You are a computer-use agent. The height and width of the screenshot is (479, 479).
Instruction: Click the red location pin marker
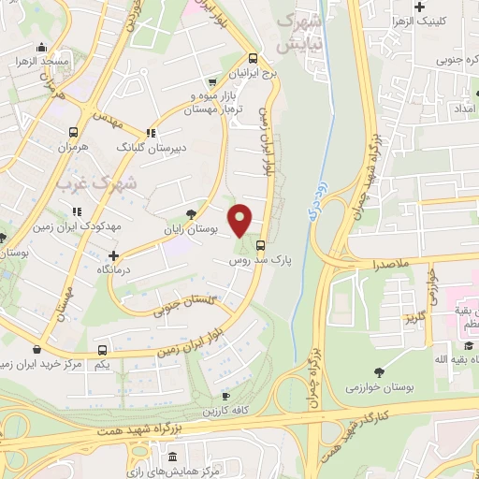tap(240, 220)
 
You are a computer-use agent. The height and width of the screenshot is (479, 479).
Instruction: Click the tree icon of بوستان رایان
tap(191, 212)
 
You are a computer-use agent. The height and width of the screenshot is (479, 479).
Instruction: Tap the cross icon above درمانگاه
tap(114, 254)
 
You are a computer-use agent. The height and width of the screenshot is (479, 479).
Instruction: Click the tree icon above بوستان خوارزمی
tap(378, 372)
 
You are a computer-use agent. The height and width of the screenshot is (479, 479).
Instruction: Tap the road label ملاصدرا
tap(391, 266)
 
